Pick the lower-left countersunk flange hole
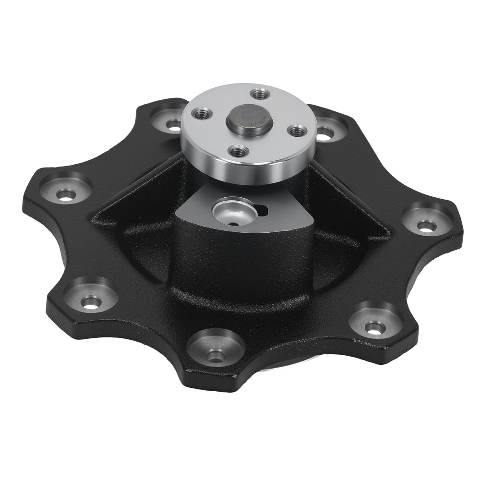[91, 302]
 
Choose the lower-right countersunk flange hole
[374, 327]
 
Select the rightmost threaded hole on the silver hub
[296, 130]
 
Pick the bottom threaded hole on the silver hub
[236, 151]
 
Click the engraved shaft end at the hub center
[249, 121]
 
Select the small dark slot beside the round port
[262, 209]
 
